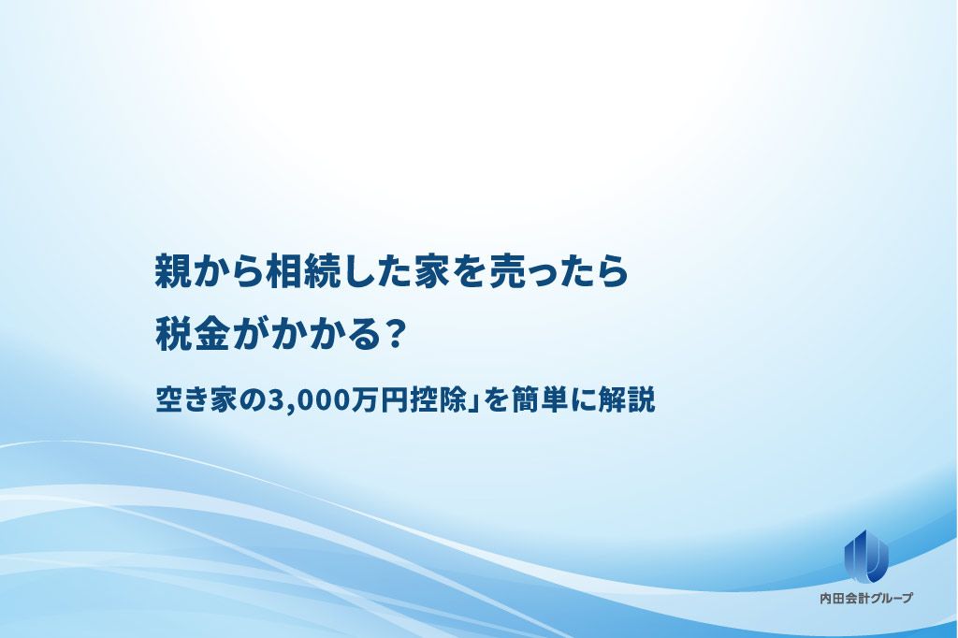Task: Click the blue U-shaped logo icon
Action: (866, 555)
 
